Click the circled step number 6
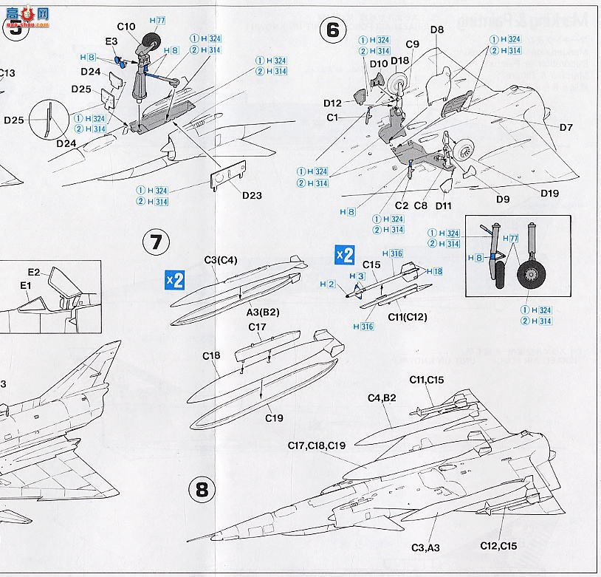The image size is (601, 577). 332,30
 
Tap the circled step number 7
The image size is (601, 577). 157,242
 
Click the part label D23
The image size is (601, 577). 252,196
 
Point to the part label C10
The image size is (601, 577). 126,27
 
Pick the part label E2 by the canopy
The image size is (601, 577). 34,272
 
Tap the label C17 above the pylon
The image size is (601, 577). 257,327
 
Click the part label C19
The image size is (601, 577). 275,417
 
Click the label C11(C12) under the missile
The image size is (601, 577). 408,317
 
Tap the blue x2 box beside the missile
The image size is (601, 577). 344,254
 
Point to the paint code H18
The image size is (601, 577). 435,272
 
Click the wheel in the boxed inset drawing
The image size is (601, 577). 532,276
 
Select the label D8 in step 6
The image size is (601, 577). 437,30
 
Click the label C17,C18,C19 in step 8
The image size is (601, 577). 317,445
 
